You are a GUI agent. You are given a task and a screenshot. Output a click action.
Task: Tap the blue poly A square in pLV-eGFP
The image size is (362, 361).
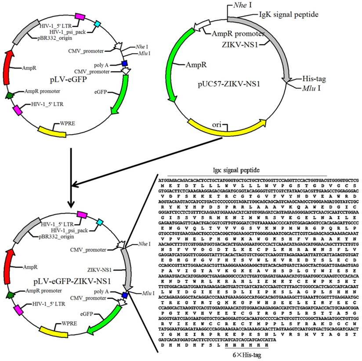click(x=125, y=64)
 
